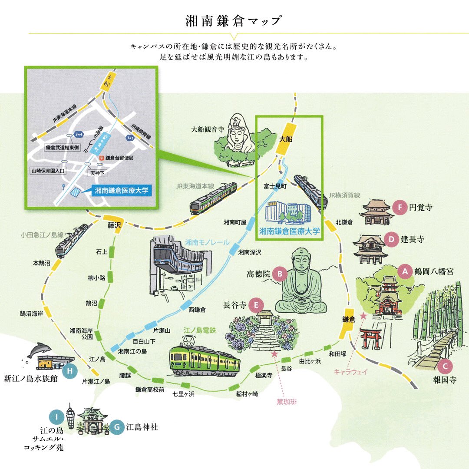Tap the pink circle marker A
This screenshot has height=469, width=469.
pos(405,271)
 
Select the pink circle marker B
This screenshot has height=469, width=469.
pos(280,274)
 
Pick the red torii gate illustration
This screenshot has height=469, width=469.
pos(370,338)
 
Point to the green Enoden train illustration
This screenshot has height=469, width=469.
pos(205,360)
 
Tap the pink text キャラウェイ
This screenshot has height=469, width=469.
pos(351,372)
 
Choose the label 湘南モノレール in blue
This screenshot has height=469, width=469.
pos(207,242)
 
